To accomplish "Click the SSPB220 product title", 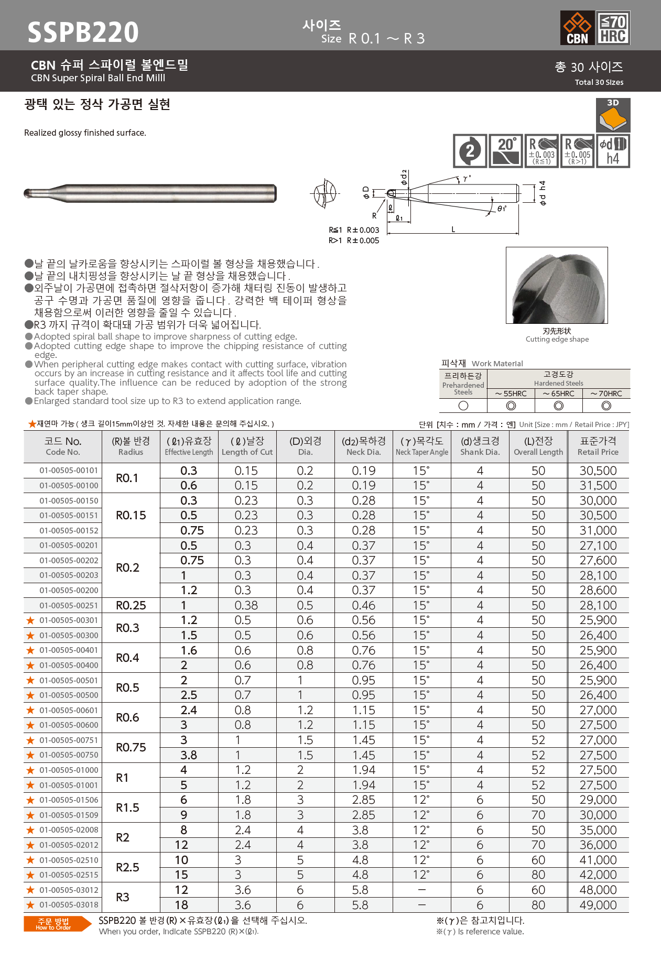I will tap(83, 32).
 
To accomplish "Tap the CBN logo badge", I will tap(577, 28).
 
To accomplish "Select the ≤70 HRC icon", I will tap(613, 28).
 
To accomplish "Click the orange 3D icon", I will tap(613, 115).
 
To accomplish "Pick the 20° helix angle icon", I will tap(505, 151).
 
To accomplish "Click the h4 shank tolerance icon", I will tap(613, 151).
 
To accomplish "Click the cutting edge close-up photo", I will tap(557, 286).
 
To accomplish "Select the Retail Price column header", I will tap(598, 446).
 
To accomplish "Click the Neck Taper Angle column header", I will tap(422, 446).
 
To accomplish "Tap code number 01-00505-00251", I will tap(69, 605).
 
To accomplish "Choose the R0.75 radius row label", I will tap(131, 747).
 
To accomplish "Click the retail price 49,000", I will tap(598, 905).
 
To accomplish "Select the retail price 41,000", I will tap(598, 860).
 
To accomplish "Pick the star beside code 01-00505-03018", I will tap(30, 905).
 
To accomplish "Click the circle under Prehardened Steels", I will tap(463, 406).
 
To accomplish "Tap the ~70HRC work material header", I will tap(606, 394).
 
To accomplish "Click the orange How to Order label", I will tap(53, 924).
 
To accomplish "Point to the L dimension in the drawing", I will tap(453, 230).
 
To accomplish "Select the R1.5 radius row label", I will tap(127, 807).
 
